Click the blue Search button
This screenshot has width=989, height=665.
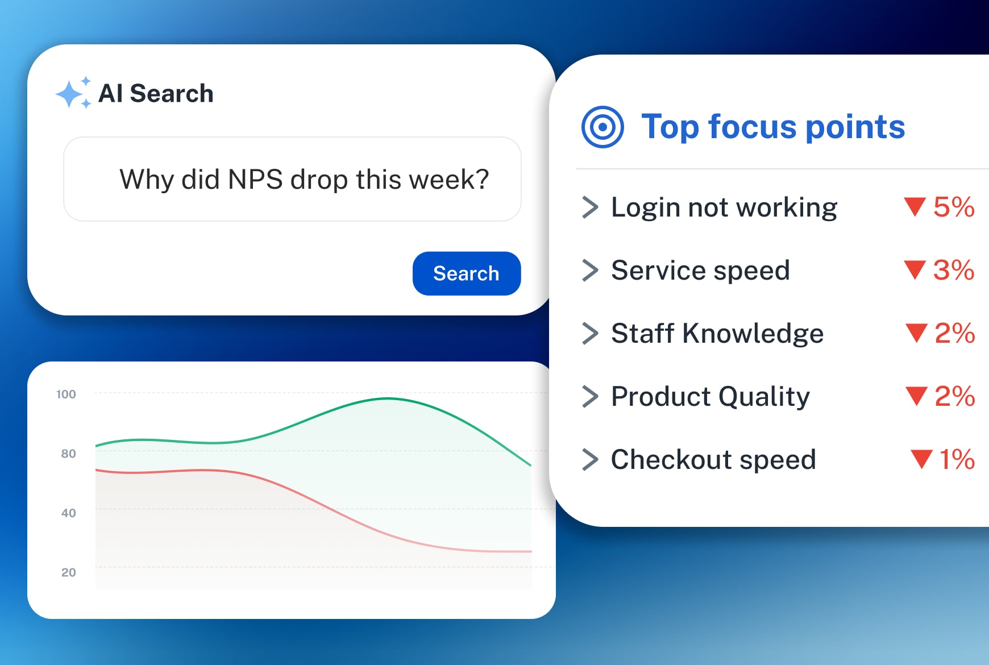coord(466,273)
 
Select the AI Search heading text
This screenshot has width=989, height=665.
coord(156,93)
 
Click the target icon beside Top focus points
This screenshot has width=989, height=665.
coord(602,127)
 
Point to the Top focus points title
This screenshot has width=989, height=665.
coord(772,127)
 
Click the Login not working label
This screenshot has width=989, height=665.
coord(724,207)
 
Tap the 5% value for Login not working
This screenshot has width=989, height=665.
coord(953,207)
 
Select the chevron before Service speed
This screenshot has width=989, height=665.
coord(590,271)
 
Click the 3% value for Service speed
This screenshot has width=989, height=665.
coord(953,270)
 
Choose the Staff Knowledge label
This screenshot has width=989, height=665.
coord(717,334)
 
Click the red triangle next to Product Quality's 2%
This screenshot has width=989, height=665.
coord(916,396)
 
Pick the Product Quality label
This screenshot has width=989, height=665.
coord(710,397)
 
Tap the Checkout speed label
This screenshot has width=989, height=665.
coord(713,460)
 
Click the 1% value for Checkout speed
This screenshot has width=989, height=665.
coord(957,459)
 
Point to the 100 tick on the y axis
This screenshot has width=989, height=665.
coord(66,394)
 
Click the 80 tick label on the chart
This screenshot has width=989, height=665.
coord(68,454)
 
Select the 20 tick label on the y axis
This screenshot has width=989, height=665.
coord(68,572)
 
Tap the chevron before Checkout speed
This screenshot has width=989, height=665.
coord(590,460)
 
